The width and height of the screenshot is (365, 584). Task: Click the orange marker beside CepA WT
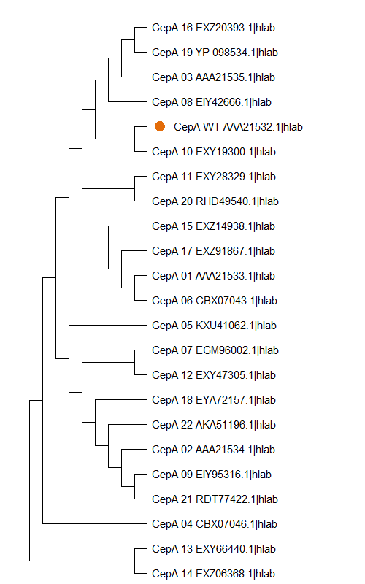pyautogui.click(x=160, y=126)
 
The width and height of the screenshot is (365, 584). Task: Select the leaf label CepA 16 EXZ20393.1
pyautogui.click(x=213, y=28)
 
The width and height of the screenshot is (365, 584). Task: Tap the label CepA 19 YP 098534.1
pyautogui.click(x=215, y=53)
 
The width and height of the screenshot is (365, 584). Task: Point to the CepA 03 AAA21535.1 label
pyautogui.click(x=213, y=77)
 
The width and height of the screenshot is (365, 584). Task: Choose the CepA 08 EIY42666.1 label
pyautogui.click(x=212, y=102)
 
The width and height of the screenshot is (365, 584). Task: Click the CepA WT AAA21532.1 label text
pyautogui.click(x=238, y=127)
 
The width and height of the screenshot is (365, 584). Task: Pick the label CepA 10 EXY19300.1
pyautogui.click(x=214, y=152)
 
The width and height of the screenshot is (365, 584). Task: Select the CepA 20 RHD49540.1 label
pyautogui.click(x=215, y=201)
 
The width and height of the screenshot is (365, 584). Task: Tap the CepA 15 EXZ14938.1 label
pyautogui.click(x=213, y=226)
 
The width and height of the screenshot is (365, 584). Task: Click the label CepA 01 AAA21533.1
pyautogui.click(x=213, y=276)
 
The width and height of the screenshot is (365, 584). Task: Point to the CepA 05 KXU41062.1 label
pyautogui.click(x=214, y=326)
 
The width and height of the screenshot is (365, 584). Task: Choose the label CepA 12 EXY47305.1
pyautogui.click(x=214, y=375)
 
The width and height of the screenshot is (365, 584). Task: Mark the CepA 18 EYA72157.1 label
pyautogui.click(x=214, y=400)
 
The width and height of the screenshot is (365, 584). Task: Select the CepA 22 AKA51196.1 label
pyautogui.click(x=214, y=425)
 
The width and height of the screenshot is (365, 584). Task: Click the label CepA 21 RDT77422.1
pyautogui.click(x=215, y=499)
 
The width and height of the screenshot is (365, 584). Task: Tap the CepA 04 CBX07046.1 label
pyautogui.click(x=215, y=524)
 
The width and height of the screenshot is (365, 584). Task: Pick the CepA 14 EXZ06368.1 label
pyautogui.click(x=214, y=574)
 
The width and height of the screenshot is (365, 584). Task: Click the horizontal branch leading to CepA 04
pyautogui.click(x=95, y=524)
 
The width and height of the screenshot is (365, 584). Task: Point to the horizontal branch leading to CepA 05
pyautogui.click(x=108, y=326)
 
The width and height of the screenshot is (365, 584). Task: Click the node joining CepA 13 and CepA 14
pyautogui.click(x=134, y=561)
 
